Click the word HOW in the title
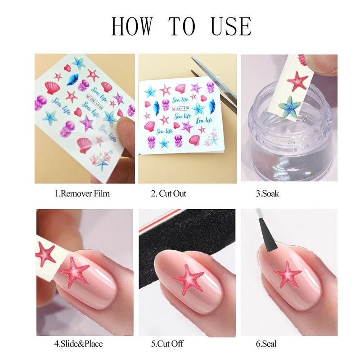(131, 27)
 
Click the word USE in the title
(231, 27)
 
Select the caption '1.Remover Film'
(82, 193)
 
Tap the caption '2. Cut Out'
(168, 193)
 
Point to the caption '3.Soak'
(267, 193)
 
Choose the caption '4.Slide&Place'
(78, 343)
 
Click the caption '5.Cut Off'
(167, 343)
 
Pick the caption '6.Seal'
(266, 343)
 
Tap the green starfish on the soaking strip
(289, 106)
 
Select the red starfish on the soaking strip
(297, 81)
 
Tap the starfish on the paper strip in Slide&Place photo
(45, 254)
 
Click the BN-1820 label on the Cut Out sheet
(181, 108)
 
